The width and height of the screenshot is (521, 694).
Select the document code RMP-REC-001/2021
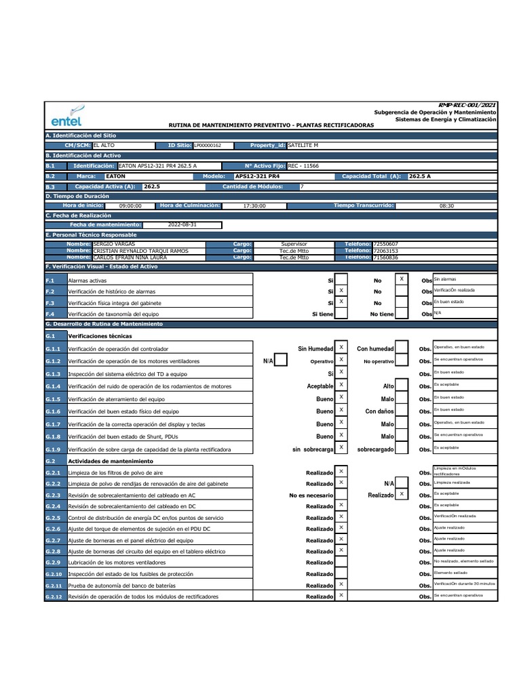point(467,105)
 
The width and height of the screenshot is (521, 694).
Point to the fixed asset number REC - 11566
point(303,166)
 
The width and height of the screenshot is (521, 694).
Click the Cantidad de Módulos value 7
point(302,186)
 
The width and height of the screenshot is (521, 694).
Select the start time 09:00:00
point(130,206)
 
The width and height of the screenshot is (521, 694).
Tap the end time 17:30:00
point(254,206)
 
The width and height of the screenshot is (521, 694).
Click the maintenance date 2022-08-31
point(182,225)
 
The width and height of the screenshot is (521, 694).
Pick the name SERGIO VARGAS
point(114,244)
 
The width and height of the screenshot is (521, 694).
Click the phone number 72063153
point(386,251)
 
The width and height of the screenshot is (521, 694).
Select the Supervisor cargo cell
point(294,244)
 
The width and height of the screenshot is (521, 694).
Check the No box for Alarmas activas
point(402,279)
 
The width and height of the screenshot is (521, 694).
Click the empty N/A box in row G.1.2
point(280,361)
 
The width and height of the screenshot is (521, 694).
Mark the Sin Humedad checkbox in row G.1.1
point(342,348)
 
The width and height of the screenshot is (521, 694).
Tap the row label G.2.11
point(54,585)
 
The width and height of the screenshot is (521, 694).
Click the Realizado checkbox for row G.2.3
point(402,495)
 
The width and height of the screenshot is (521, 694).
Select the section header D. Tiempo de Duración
point(78,196)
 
